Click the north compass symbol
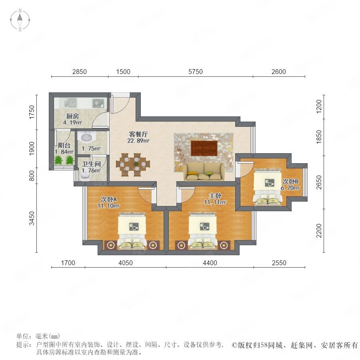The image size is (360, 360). (20, 20)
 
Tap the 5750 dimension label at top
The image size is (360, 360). (195, 72)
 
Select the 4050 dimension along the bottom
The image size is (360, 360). (125, 263)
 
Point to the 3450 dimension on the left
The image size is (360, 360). (32, 218)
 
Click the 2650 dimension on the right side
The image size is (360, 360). (319, 182)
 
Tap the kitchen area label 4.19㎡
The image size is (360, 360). (72, 122)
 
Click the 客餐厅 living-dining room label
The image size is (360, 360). (138, 134)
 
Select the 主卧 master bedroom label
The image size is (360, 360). (215, 196)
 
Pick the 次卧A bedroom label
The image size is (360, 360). (108, 199)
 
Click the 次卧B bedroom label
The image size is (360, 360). (290, 181)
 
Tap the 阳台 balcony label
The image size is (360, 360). (64, 145)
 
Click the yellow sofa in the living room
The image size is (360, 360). (204, 172)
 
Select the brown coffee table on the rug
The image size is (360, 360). (204, 148)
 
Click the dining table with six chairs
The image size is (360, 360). (133, 165)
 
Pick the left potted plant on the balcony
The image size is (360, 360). (58, 160)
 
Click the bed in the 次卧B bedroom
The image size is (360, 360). (268, 187)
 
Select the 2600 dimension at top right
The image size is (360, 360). (279, 72)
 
